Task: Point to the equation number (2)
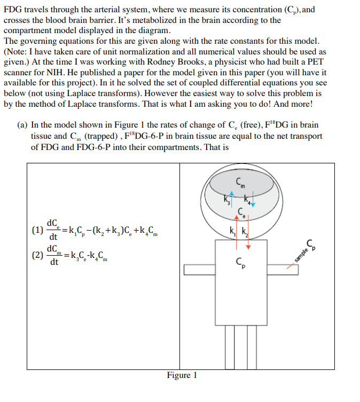[x=37, y=255]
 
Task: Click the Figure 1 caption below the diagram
[x=182, y=375]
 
